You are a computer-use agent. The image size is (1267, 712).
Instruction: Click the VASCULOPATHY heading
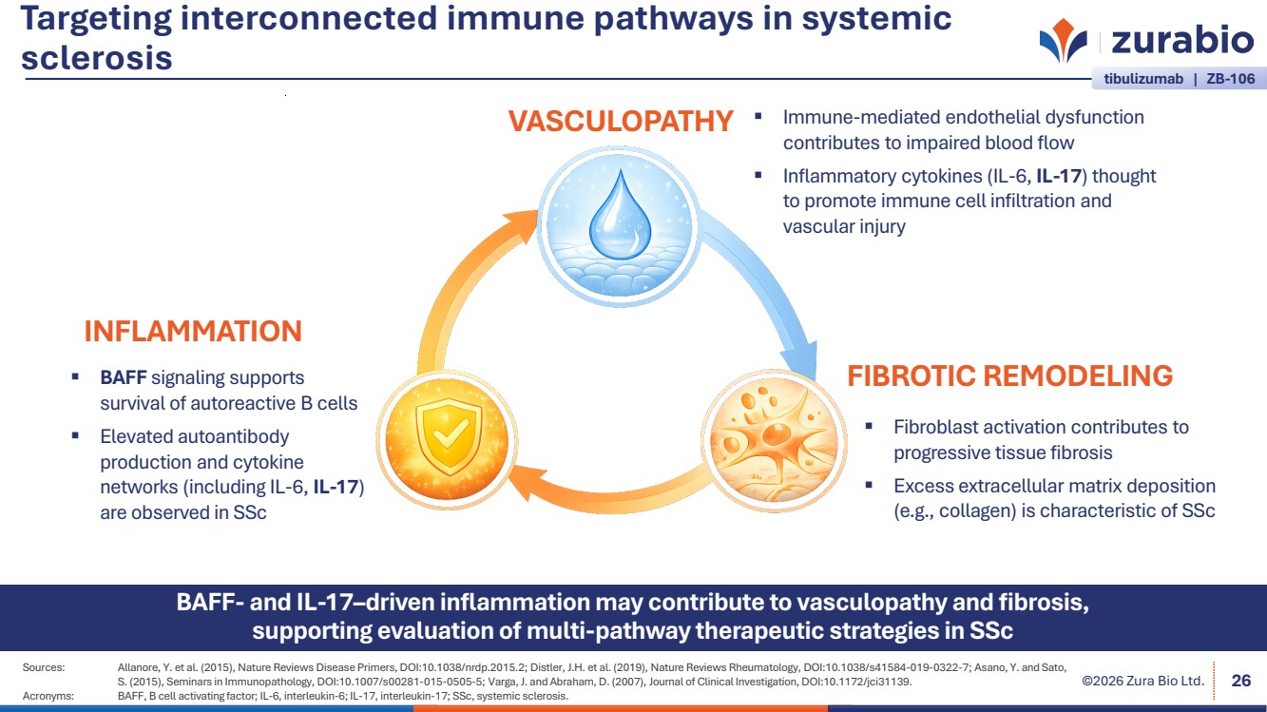point(620,122)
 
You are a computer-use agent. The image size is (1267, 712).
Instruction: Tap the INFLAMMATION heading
point(193,331)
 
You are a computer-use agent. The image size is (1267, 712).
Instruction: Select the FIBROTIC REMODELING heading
point(1009,375)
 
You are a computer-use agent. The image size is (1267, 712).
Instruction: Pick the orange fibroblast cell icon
point(771,436)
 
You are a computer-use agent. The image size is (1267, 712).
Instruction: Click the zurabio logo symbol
point(1063,43)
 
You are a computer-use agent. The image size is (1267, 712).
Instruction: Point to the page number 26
point(1240,680)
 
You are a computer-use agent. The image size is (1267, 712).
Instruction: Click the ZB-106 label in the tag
point(1230,80)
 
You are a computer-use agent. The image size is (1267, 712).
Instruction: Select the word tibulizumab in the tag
point(1142,80)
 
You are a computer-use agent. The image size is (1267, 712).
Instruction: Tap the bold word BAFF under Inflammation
point(124,377)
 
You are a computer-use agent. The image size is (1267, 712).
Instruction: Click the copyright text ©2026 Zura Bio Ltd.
point(1143,681)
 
